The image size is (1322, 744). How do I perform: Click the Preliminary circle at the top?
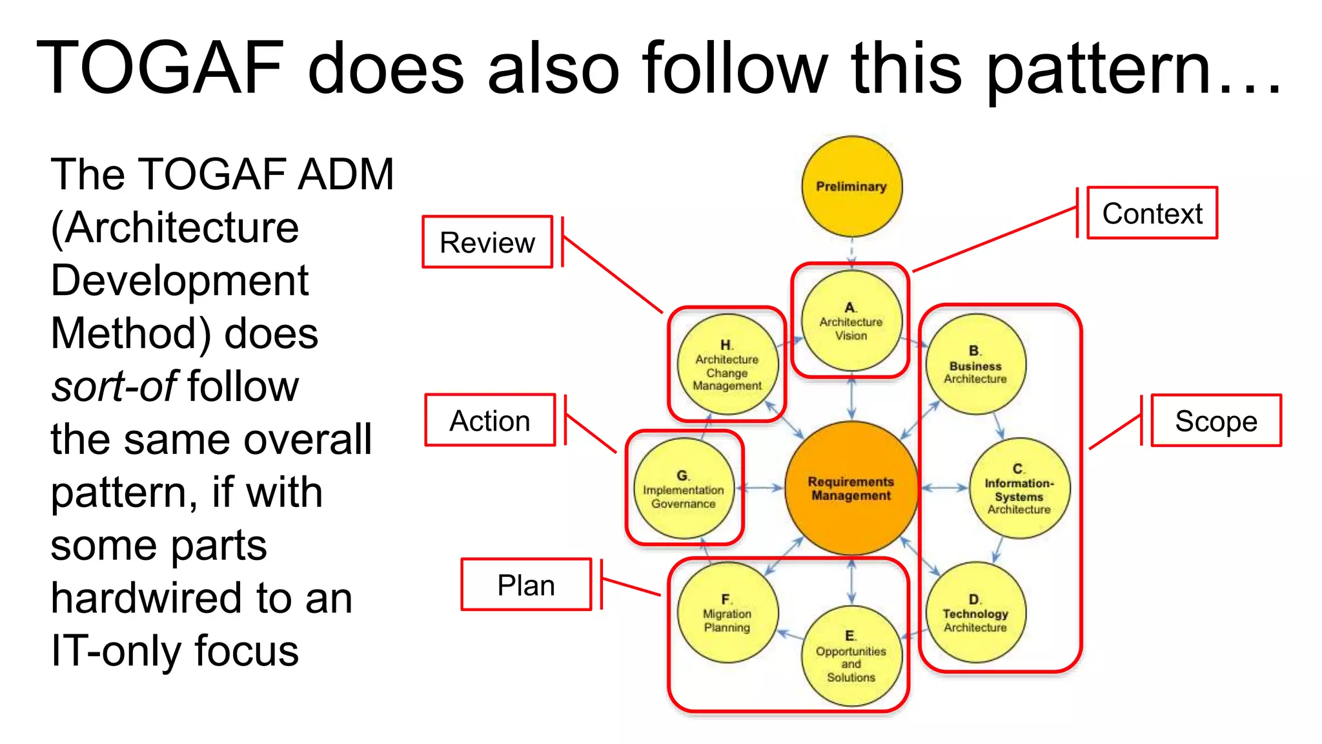click(851, 187)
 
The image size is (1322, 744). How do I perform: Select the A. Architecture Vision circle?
click(851, 321)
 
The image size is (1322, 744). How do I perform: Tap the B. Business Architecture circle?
click(975, 364)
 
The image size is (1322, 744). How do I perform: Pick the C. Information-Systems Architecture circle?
click(1019, 489)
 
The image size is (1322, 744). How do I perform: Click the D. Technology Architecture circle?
click(975, 613)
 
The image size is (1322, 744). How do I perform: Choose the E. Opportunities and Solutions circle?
click(851, 656)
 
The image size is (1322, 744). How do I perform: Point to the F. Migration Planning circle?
click(727, 613)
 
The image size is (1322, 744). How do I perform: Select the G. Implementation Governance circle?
click(684, 489)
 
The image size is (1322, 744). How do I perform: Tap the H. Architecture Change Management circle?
click(727, 364)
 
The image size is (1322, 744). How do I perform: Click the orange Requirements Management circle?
click(851, 489)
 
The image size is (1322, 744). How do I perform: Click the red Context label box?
click(1152, 213)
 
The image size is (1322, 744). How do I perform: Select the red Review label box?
click(487, 242)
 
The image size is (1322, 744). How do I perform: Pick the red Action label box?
click(490, 420)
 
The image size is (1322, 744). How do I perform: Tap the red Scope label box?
click(1216, 421)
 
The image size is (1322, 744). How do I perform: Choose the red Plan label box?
click(526, 585)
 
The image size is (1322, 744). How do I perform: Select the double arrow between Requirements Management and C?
click(944, 488)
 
